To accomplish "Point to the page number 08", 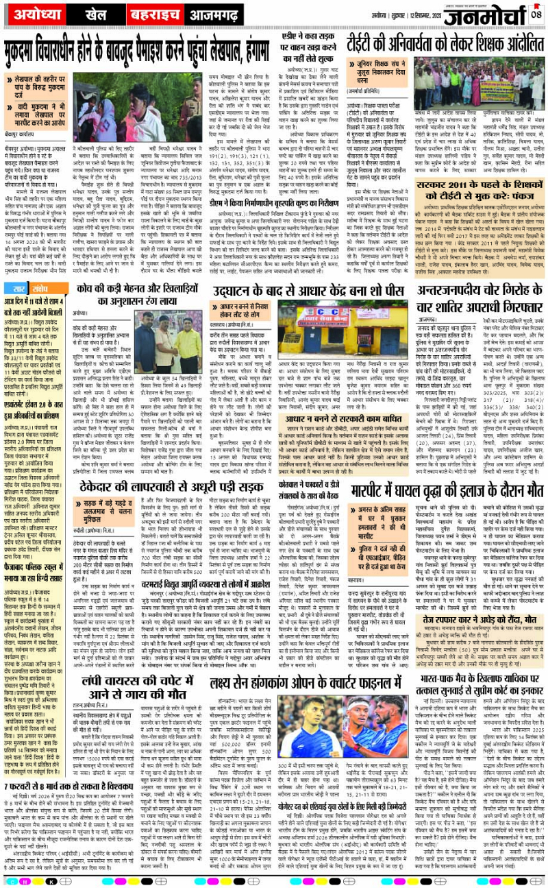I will (x=537, y=12).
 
